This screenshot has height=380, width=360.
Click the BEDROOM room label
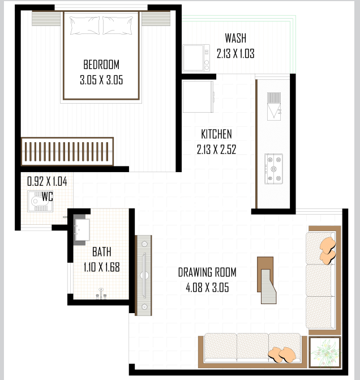coord(101,65)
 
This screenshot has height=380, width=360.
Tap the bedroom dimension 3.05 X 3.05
coord(101,80)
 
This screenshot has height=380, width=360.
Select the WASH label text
coord(235,38)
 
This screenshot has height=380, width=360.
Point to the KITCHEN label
coord(216,134)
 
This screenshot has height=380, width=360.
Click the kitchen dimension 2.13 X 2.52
coord(216,150)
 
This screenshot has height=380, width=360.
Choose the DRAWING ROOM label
coord(207,272)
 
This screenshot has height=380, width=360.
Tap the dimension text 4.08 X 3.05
coord(207,288)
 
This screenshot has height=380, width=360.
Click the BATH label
coord(102,252)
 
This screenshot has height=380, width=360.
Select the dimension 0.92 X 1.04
coord(47,181)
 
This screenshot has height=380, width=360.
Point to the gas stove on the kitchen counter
coord(273,169)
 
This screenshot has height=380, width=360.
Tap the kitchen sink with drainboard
coord(274,106)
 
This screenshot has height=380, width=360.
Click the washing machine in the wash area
coord(196,58)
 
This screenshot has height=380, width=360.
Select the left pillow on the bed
coord(84,25)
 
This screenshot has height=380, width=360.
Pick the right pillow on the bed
coord(118,25)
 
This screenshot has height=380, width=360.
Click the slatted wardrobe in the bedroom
coord(67,151)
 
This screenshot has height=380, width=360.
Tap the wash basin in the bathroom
coord(82,230)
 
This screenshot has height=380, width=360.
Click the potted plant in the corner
coord(325,352)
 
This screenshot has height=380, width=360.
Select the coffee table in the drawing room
coord(267,280)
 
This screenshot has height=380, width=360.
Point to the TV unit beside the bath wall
coord(143,275)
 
